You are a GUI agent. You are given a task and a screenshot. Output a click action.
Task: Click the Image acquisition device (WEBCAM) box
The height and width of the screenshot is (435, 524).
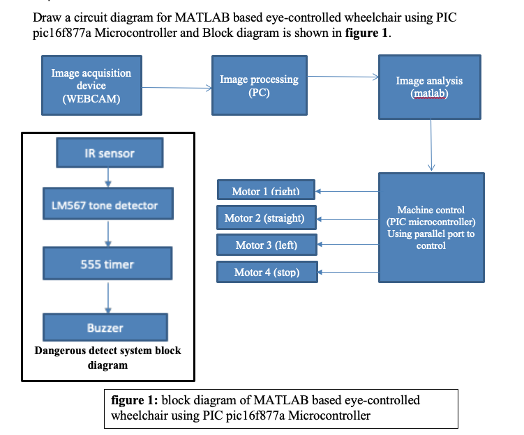pos(91,86)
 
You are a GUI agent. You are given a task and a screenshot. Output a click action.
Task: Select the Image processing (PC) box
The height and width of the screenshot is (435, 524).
pos(259,86)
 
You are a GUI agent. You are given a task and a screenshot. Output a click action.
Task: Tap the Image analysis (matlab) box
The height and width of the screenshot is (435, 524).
pos(430,86)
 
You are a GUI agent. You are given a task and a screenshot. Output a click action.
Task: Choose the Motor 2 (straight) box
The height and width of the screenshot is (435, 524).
pos(266,217)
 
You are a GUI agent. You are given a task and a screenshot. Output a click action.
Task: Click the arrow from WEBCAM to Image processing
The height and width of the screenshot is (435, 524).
pos(174,88)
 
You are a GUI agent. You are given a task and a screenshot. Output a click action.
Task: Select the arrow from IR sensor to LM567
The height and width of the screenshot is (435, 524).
pos(107,178)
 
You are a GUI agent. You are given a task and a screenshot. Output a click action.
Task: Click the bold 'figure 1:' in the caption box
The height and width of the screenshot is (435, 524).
pos(135,401)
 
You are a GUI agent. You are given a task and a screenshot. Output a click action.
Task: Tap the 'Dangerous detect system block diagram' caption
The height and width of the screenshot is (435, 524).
pos(107,357)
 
